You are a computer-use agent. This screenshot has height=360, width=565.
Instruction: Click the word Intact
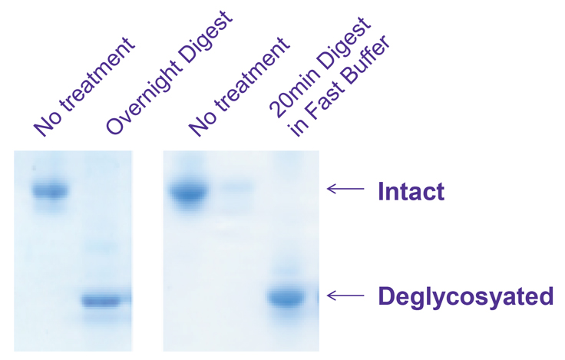pyautogui.click(x=411, y=190)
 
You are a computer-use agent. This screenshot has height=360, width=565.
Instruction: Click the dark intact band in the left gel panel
pyautogui.click(x=49, y=190)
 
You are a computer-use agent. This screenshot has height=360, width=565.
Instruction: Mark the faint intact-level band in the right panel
pyautogui.click(x=236, y=187)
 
